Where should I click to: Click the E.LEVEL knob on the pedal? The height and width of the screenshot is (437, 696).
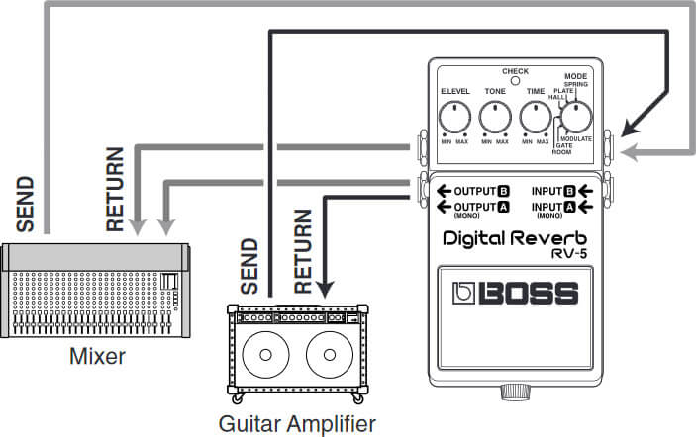(x=454, y=119)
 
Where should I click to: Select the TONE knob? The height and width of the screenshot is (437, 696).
(x=495, y=119)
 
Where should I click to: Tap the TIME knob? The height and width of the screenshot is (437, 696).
(x=536, y=119)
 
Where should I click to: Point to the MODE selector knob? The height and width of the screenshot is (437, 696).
(x=575, y=119)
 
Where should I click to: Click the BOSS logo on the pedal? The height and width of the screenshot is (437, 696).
(x=516, y=294)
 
